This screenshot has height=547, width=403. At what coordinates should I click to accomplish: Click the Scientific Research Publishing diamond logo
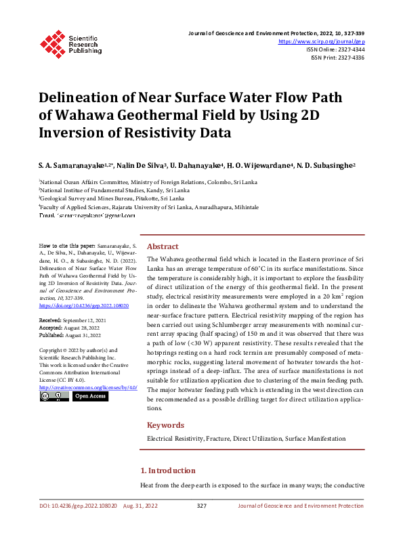pyautogui.click(x=54, y=42)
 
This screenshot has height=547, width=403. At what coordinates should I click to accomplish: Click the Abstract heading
pyautogui.click(x=163, y=246)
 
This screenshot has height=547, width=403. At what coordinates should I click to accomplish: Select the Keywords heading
pyautogui.click(x=165, y=425)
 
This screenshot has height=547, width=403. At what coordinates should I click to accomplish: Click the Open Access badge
pyautogui.click(x=90, y=396)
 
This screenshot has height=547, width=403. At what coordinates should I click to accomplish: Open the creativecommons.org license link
pyautogui.click(x=88, y=387)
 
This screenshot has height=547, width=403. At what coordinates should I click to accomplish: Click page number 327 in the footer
pyautogui.click(x=201, y=506)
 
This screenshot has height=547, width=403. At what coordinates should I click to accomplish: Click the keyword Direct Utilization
pyautogui.click(x=257, y=439)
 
